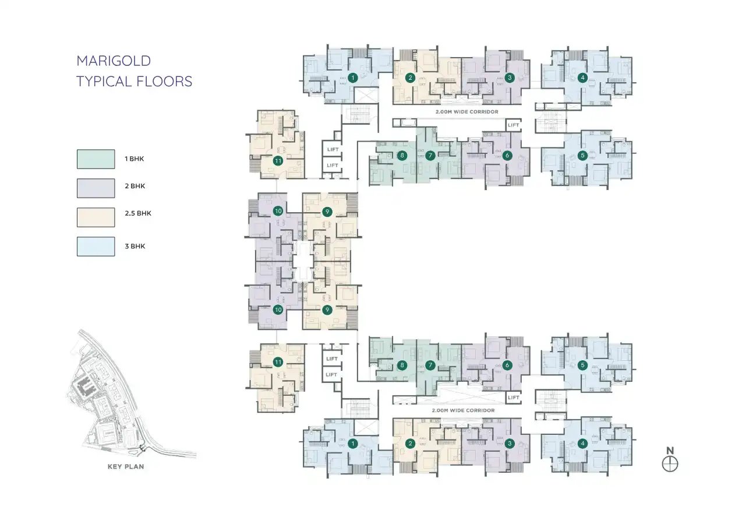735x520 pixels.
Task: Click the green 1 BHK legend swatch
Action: tap(96, 159)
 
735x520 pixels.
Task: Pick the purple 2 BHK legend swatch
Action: tap(96, 188)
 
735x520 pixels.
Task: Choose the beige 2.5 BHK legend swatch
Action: tap(96, 217)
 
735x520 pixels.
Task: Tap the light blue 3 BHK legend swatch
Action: tap(96, 246)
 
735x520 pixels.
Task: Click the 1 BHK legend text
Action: tap(134, 159)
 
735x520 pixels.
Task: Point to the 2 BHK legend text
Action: tap(134, 187)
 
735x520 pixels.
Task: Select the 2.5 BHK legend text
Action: tap(137, 213)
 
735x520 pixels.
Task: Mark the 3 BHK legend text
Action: tap(134, 246)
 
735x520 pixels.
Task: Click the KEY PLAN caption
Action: tap(126, 466)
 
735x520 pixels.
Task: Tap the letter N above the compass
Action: tap(670, 450)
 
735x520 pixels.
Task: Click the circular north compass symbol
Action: tap(670, 464)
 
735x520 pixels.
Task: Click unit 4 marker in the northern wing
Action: tap(582, 78)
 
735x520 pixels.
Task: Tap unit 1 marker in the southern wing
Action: tap(352, 444)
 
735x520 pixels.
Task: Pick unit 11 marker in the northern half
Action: tap(278, 161)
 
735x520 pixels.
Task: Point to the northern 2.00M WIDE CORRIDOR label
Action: tap(467, 111)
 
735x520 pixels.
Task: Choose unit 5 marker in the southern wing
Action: tap(582, 366)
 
